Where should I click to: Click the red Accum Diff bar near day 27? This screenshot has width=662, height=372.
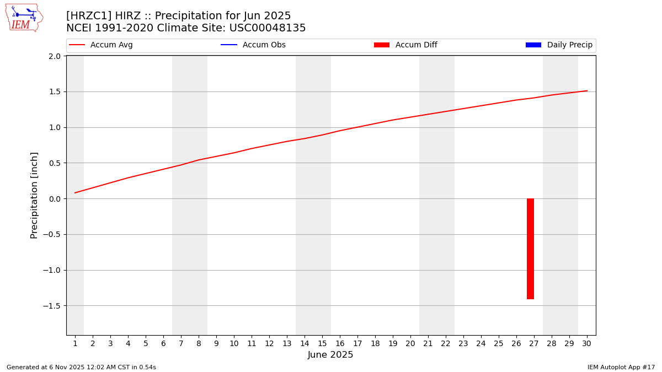530,249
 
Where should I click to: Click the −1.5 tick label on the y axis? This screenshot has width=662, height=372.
52,306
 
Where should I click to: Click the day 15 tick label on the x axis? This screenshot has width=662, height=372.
322,343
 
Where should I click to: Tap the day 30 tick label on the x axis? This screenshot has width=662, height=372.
587,343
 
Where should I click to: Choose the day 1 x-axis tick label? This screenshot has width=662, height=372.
75,343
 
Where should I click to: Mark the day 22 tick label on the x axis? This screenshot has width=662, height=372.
446,343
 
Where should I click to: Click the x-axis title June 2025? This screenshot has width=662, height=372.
330,355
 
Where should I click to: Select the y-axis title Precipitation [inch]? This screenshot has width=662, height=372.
34,195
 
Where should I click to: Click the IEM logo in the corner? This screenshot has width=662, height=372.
24,18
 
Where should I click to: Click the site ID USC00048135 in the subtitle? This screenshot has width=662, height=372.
267,28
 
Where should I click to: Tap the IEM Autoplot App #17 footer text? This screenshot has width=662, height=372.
621,367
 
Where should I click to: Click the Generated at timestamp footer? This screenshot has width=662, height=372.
81,367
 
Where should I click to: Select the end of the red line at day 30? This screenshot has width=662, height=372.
587,91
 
